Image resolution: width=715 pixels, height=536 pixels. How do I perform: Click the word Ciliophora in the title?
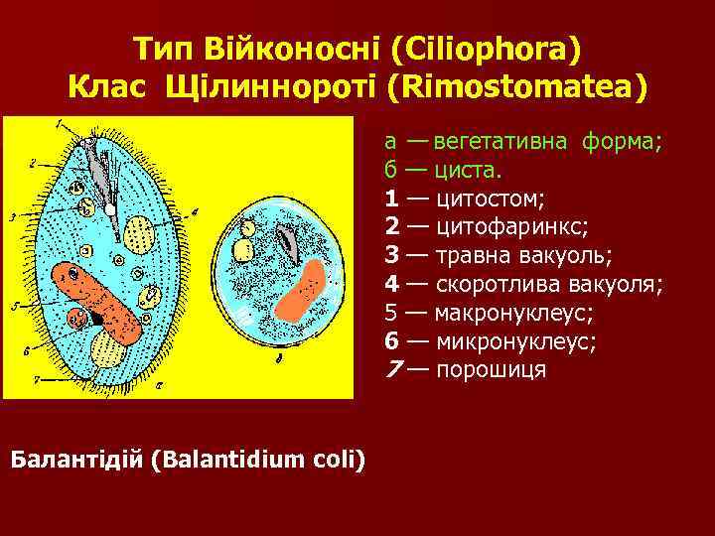point(487,47)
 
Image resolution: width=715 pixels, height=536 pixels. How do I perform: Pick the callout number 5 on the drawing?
point(15,307)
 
